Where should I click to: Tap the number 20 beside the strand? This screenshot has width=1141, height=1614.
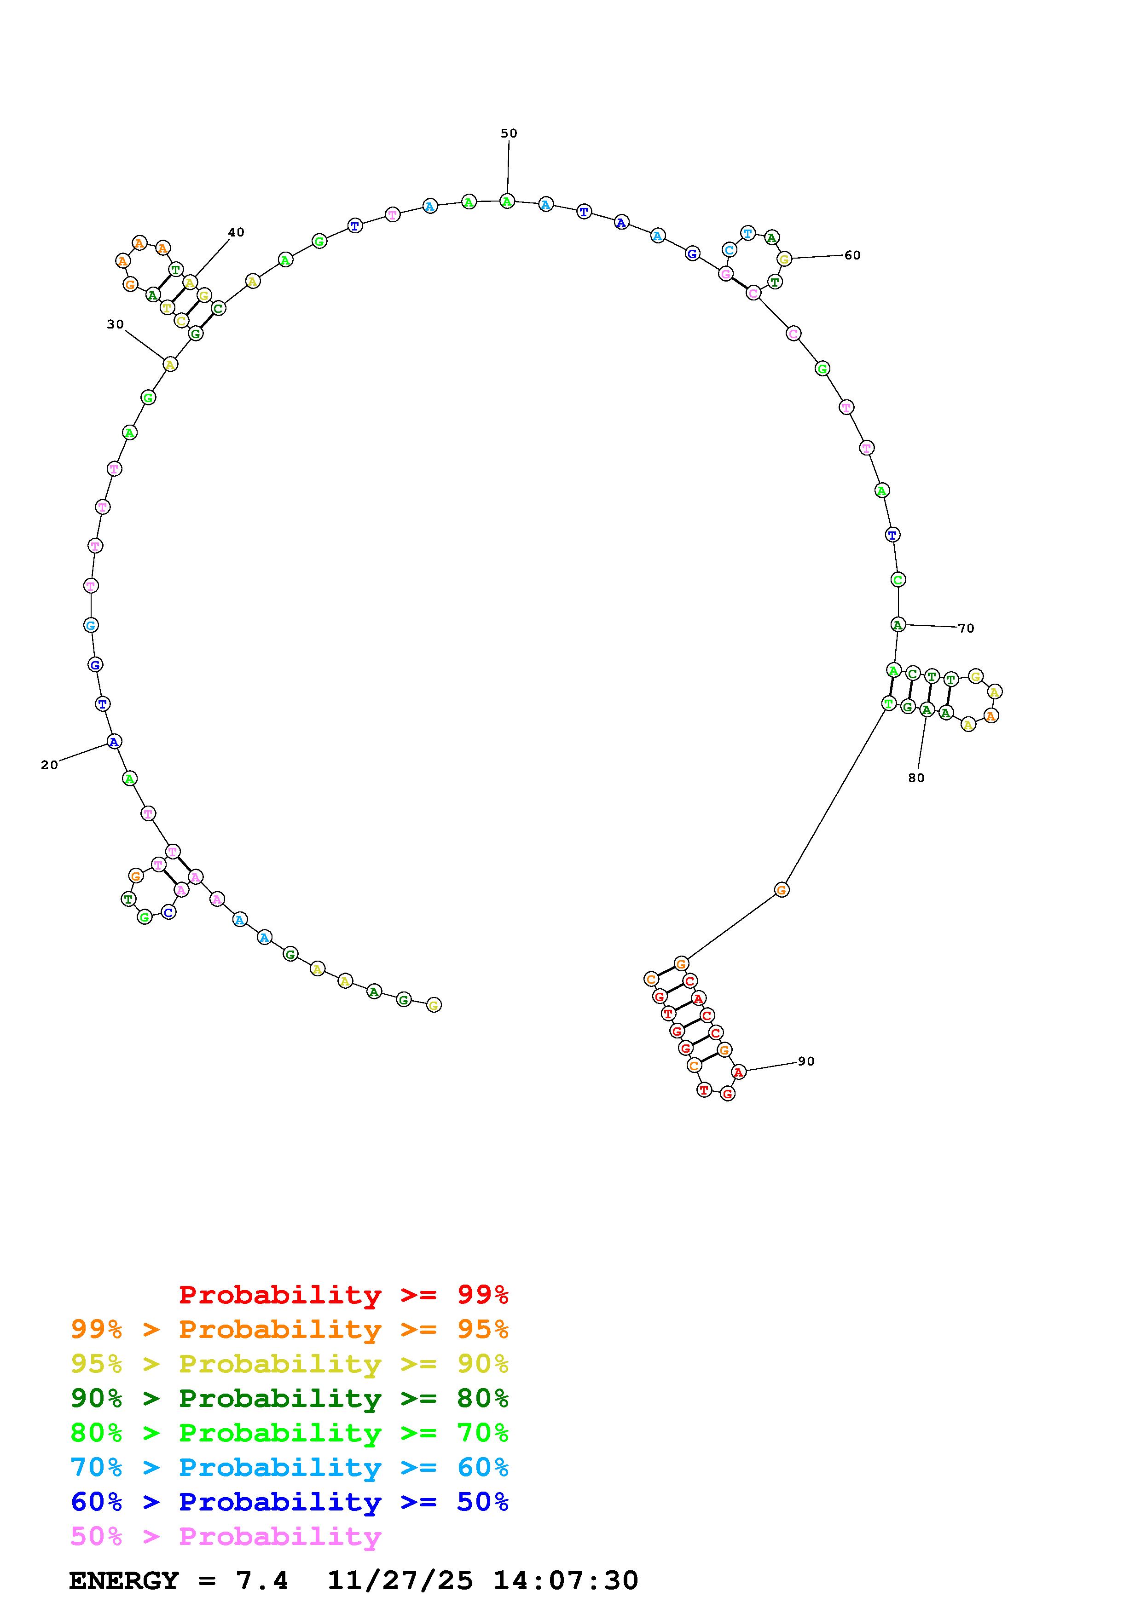[49, 765]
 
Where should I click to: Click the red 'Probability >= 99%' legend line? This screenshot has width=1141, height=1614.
[344, 1294]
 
